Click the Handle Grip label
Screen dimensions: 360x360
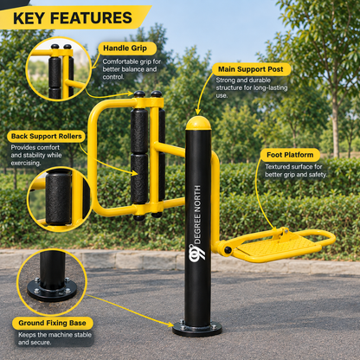pyautogui.click(x=125, y=48)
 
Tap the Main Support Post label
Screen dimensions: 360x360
pyautogui.click(x=251, y=69)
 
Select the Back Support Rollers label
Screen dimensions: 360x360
pyautogui.click(x=47, y=136)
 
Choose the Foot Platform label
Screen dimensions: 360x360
pyautogui.click(x=290, y=155)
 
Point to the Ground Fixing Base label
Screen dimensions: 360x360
pyautogui.click(x=52, y=323)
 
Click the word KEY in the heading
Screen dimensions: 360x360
pyautogui.click(x=29, y=18)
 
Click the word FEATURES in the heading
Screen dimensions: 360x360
pyautogui.click(x=91, y=18)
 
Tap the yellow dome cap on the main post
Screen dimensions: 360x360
pyautogui.click(x=198, y=123)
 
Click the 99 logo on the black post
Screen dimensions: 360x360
pyautogui.click(x=196, y=253)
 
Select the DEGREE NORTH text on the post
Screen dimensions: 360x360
pyautogui.click(x=197, y=215)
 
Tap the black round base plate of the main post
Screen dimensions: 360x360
pyautogui.click(x=197, y=329)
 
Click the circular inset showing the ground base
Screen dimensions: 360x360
pyautogui.click(x=52, y=282)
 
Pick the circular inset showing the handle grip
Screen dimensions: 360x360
pyautogui.click(x=59, y=69)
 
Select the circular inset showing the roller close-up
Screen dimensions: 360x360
pyautogui.click(x=60, y=199)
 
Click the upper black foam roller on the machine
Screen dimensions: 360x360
pyautogui.click(x=139, y=131)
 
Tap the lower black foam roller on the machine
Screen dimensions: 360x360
pyautogui.click(x=139, y=179)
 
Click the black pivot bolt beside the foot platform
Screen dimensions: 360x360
pyautogui.click(x=228, y=250)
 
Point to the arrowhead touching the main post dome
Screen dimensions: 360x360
pyautogui.click(x=198, y=112)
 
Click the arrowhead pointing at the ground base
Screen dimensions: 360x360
pyautogui.click(x=170, y=325)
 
